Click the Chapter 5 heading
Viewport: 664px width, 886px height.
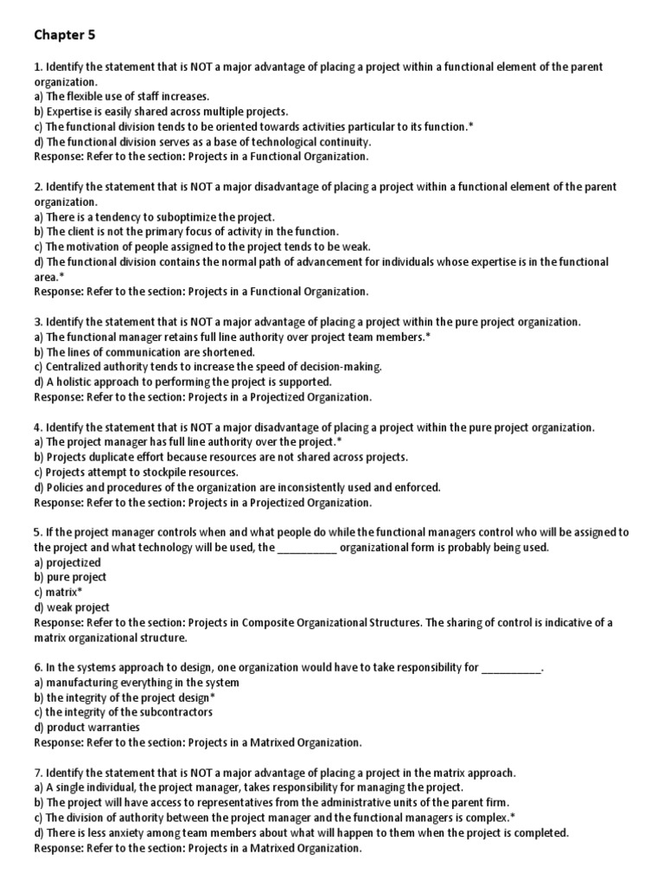pyautogui.click(x=65, y=35)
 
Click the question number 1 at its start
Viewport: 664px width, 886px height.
pyautogui.click(x=37, y=67)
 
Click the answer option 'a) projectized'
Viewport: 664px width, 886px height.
pyautogui.click(x=67, y=562)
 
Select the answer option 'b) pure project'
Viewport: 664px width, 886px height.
pyautogui.click(x=70, y=577)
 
